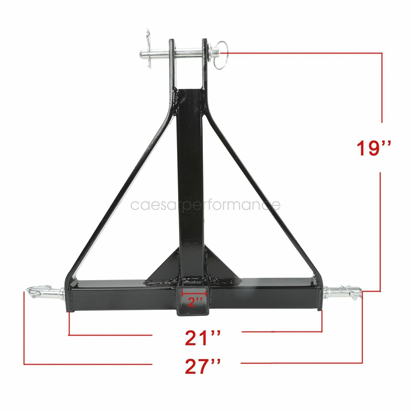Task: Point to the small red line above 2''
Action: [194, 293]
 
